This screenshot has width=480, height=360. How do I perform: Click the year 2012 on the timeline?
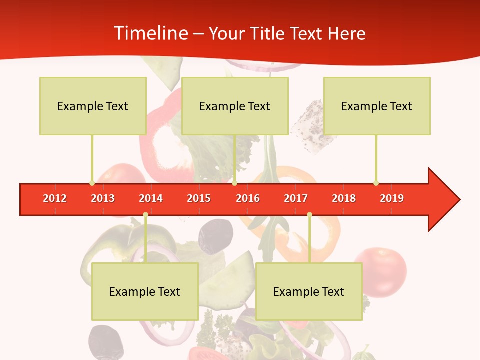(x=55, y=198)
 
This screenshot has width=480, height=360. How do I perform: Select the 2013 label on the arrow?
(x=103, y=198)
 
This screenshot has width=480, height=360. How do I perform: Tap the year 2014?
(x=151, y=198)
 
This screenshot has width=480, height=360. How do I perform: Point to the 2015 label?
(x=199, y=198)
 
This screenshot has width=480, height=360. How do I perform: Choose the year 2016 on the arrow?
(x=248, y=198)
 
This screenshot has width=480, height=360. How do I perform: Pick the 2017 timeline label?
(x=296, y=198)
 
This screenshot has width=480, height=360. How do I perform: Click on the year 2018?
(x=344, y=198)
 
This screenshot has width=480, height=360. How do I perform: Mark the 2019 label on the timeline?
(x=392, y=198)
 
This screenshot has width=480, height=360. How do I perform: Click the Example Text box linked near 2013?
(x=93, y=106)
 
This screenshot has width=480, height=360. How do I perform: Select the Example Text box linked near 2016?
(x=235, y=106)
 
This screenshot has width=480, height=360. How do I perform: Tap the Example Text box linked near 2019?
(x=377, y=106)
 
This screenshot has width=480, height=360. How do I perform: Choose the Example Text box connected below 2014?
(x=145, y=291)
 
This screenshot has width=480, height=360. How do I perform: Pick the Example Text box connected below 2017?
(x=309, y=291)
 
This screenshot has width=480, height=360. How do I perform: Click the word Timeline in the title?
(x=150, y=33)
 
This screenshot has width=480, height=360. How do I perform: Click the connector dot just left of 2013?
(x=92, y=183)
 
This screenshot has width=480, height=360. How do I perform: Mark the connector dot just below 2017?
(x=309, y=215)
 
